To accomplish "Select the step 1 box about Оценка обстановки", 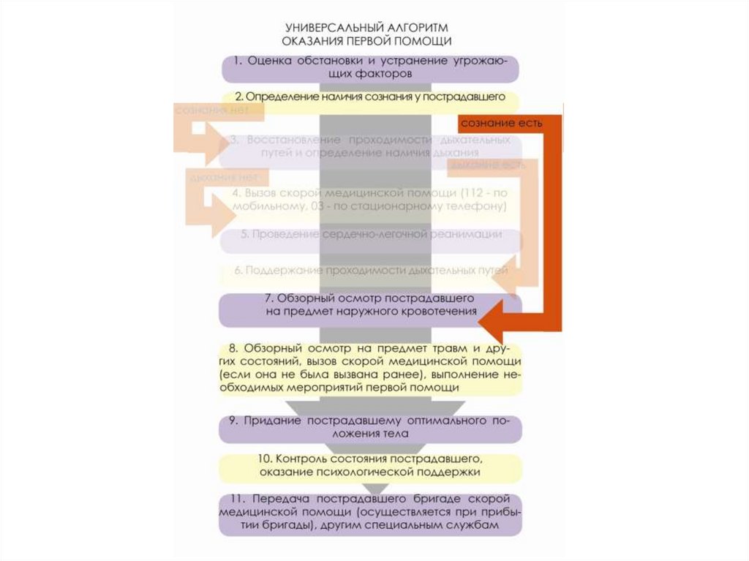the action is pos(370,67).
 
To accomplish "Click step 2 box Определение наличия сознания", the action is pos(370,97).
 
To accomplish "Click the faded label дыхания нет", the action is pos(224,177).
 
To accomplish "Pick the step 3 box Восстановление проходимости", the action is pos(370,146).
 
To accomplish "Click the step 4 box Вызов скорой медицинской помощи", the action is pos(370,200).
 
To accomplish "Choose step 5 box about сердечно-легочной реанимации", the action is pos(370,235).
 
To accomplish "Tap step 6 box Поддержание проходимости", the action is pos(370,271).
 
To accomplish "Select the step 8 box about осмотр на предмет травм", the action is pos(370,369).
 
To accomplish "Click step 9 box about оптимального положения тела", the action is pos(370,428).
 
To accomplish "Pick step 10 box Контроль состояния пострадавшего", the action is pos(370,466).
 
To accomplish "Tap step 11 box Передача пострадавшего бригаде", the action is pos(370,514).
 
